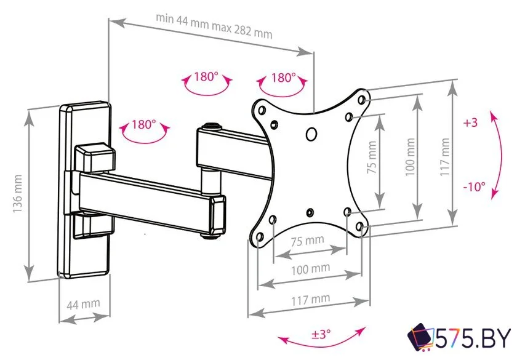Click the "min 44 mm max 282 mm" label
pos(214,26)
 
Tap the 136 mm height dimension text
pos(17,194)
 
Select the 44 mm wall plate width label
pos(83,304)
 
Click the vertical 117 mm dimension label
pos(445,157)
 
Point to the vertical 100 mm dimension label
pos(410,157)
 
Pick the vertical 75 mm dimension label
pos(372,158)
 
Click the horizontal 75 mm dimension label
pos(307,241)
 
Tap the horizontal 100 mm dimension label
pos(310,270)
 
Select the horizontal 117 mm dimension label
pos(310,300)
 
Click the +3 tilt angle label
pos(470,122)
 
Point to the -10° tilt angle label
pos(474,187)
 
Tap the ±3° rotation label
pos(321,334)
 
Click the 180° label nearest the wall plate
pos(144,124)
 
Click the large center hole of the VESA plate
pos(311,134)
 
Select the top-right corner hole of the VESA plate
pos(361,100)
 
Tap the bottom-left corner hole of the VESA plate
pos(260,237)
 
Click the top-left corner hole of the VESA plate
pos(262,110)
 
